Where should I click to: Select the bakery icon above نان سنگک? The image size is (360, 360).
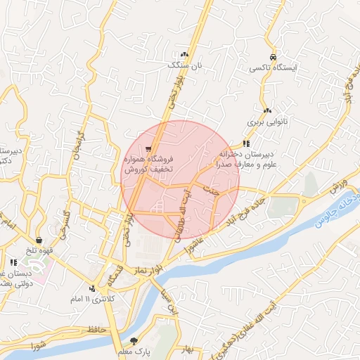click(x=185, y=54)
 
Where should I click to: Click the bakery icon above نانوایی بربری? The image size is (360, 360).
click(x=267, y=110)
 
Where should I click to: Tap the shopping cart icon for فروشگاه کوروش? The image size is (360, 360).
click(x=148, y=149)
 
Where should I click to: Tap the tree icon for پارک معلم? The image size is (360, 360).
click(x=145, y=340)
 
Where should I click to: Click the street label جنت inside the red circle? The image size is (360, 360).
click(x=212, y=190)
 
